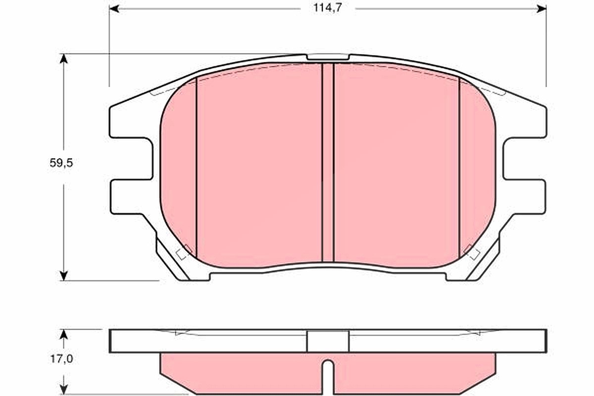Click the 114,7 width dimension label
(328, 8)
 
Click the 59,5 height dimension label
(61, 163)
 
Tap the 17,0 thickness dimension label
(61, 359)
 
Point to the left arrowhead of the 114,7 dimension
(114, 9)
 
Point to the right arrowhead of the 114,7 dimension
(542, 9)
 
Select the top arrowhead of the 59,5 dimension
(64, 58)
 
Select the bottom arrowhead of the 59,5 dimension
(64, 276)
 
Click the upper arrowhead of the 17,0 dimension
(63, 335)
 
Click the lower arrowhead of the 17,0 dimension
(63, 390)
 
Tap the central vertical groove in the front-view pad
(328, 162)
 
